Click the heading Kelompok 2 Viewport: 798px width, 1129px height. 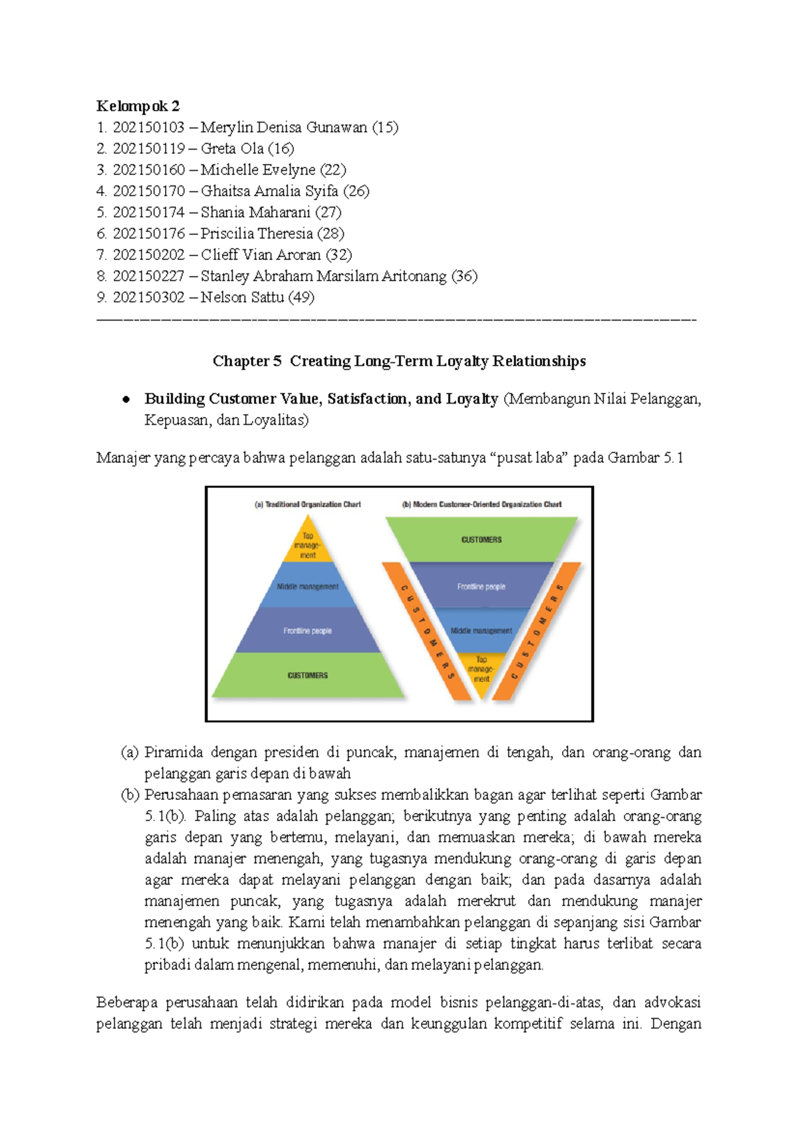138,106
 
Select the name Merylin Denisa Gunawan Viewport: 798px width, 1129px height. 284,128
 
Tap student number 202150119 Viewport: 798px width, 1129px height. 148,149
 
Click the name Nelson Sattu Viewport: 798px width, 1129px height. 242,298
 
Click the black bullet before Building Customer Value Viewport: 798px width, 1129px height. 125,400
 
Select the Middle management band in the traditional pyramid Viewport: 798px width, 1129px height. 308,586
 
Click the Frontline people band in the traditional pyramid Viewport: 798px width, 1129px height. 308,630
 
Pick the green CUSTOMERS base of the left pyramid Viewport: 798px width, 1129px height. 308,676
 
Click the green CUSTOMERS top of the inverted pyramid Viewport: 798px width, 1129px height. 481,539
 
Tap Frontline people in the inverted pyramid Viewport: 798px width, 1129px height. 481,586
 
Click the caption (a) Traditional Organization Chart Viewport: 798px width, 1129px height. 307,505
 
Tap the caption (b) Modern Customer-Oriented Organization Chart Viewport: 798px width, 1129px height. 481,505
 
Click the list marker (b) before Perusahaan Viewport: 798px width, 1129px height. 130,795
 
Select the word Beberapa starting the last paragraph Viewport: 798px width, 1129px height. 126,1003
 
